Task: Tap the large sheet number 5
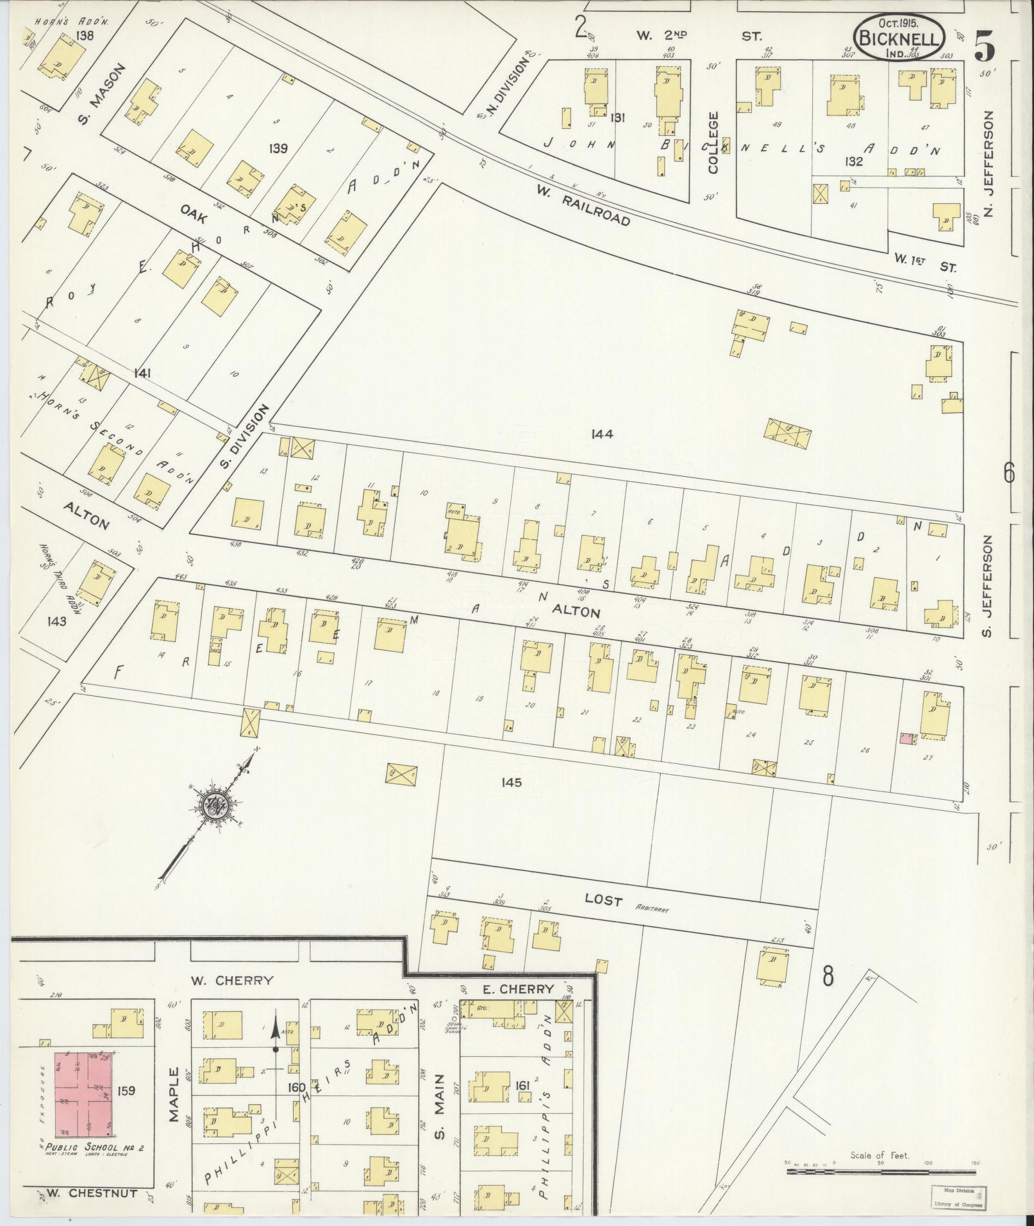(985, 45)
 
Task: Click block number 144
(603, 435)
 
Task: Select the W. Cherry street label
(232, 998)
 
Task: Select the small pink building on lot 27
(906, 738)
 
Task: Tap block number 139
(278, 149)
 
